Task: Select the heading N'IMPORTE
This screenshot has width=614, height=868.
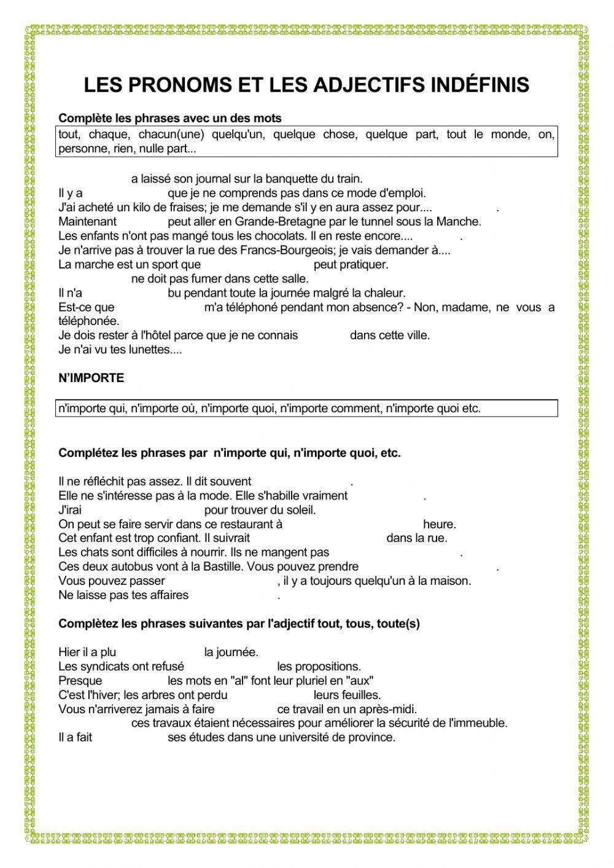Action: (x=91, y=378)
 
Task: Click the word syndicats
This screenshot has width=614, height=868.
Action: (x=99, y=667)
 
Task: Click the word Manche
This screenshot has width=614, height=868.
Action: (x=462, y=222)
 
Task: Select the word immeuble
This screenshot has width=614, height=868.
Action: (x=478, y=723)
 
